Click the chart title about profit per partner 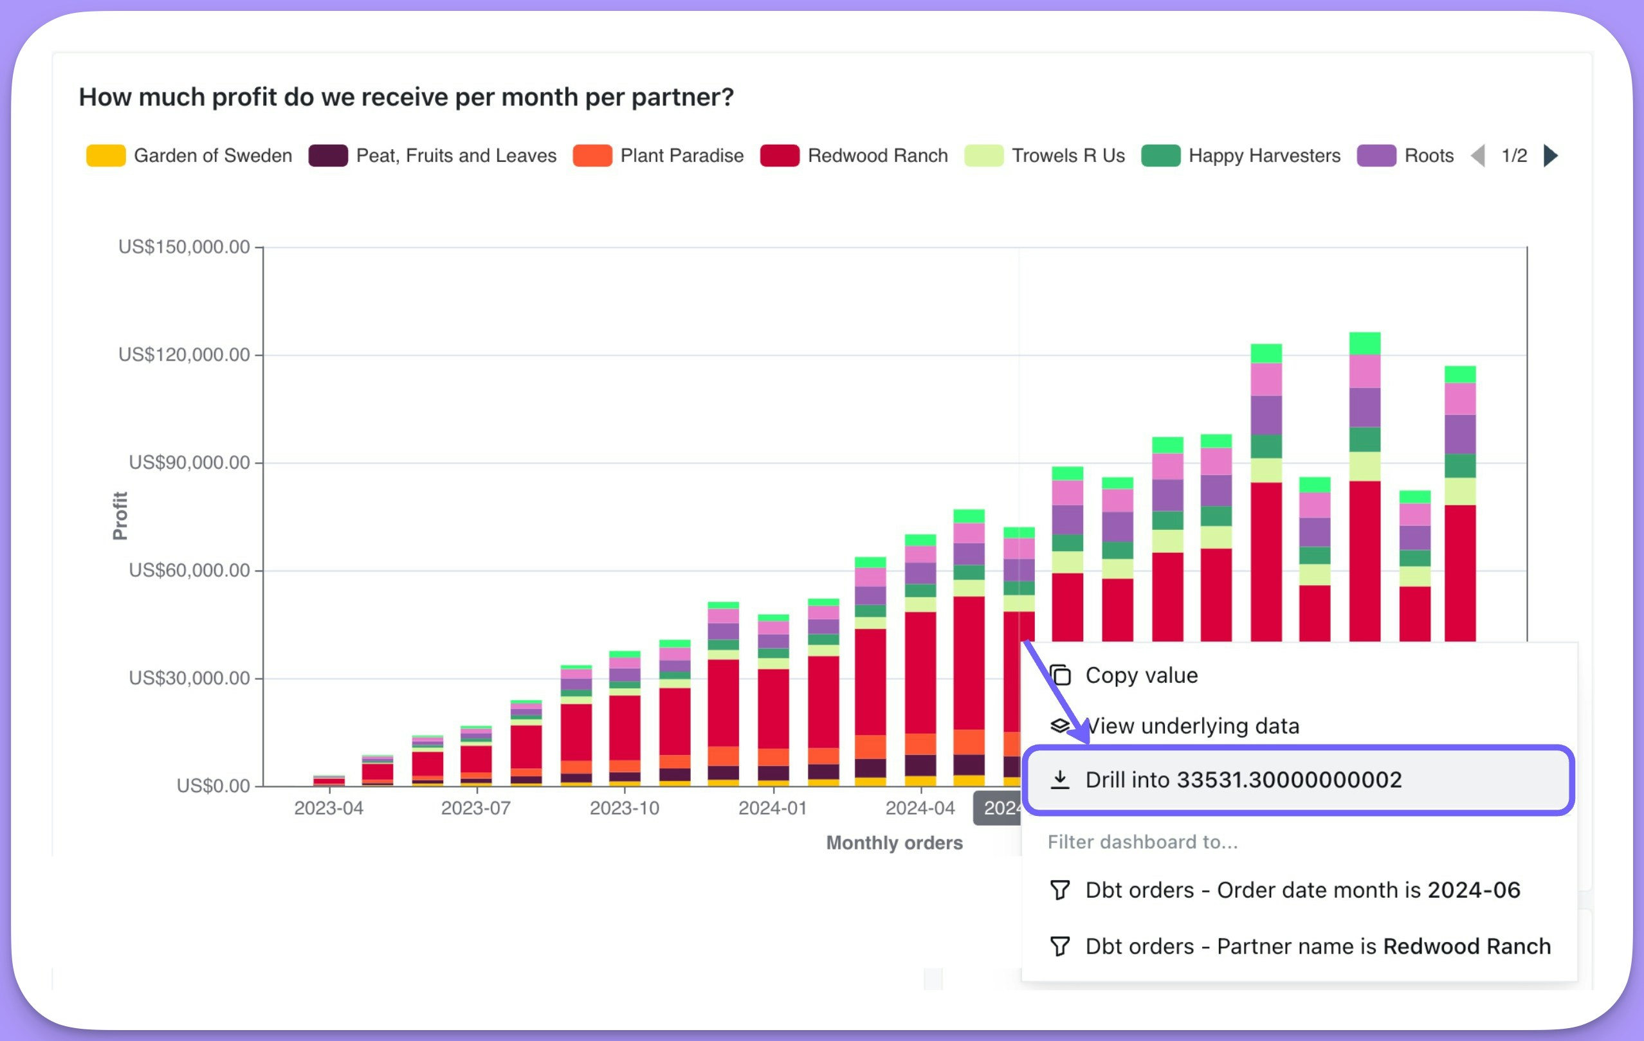pos(406,97)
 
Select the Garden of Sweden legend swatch pos(106,156)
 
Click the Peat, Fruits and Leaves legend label pos(455,156)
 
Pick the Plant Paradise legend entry pos(680,156)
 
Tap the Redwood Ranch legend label pos(877,156)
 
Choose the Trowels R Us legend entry pos(1067,156)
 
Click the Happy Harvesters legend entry pos(1264,156)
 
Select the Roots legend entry pos(1429,156)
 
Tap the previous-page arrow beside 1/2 pos(1478,156)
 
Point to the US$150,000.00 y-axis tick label pos(184,246)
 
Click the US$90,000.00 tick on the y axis pos(189,462)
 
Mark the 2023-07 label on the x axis pos(476,808)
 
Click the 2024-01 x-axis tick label pos(773,808)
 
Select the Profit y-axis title pos(120,516)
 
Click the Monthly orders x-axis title pos(895,843)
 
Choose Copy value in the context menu pos(1141,675)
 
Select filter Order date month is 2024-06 pos(1302,890)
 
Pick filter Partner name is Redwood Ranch pos(1318,946)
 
